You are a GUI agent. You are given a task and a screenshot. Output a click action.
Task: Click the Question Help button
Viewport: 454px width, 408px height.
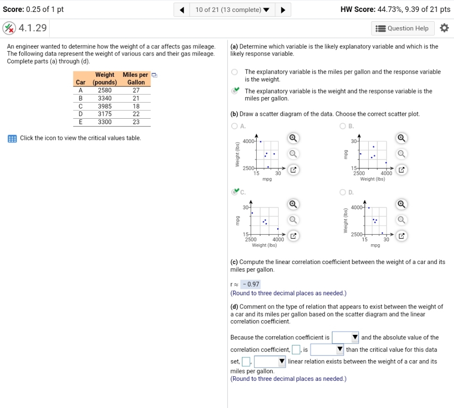click(402, 28)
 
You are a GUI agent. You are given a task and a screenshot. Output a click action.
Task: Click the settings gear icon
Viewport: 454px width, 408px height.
click(444, 28)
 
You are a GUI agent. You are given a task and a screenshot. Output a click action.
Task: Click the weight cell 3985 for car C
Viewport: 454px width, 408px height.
click(105, 106)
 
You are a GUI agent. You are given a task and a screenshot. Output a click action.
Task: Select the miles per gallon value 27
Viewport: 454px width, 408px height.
click(136, 90)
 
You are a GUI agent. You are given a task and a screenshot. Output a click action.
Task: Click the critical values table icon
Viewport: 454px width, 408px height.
click(12, 138)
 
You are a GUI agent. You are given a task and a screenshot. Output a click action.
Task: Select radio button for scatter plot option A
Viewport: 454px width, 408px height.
click(235, 126)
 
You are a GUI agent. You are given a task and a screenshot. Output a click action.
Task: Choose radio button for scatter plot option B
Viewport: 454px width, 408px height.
click(342, 126)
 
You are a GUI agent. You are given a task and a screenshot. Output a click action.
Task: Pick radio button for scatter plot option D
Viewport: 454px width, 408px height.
click(342, 192)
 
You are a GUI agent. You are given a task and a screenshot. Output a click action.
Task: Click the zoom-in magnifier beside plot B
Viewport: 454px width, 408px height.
click(401, 138)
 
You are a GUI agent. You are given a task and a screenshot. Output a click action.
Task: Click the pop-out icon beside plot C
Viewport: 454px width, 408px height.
click(293, 236)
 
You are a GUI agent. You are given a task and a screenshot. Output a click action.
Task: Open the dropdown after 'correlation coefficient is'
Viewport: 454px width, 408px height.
click(345, 338)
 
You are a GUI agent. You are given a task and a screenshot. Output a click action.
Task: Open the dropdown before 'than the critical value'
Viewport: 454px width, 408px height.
click(327, 350)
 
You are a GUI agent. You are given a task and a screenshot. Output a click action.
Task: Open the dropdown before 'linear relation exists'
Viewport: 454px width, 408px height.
click(270, 362)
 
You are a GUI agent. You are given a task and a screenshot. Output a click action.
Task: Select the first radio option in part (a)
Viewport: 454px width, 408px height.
click(235, 72)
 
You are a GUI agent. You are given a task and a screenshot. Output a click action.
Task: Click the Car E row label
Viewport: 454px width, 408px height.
click(81, 122)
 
